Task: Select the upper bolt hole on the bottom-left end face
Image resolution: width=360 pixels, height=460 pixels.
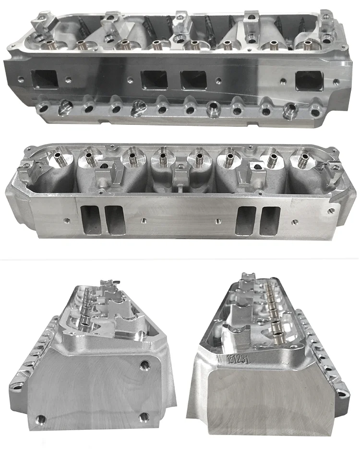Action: coord(144,366)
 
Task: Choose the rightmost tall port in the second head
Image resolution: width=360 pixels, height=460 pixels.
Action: coord(269,220)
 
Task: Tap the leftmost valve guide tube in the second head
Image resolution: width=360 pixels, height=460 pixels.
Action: coord(61,161)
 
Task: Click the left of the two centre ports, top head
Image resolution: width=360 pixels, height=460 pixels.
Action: coord(153,80)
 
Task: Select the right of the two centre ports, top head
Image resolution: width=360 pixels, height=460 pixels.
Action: coord(193,80)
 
